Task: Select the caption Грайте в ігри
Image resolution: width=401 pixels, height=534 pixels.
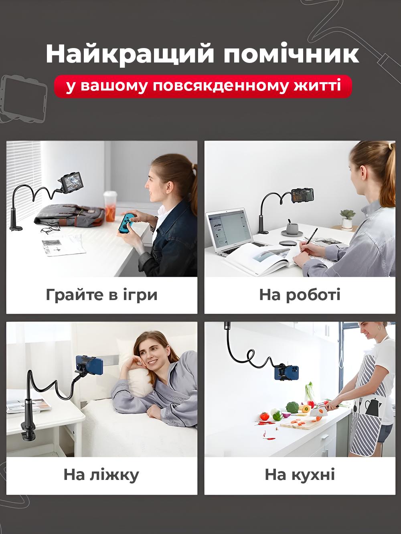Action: [101, 295]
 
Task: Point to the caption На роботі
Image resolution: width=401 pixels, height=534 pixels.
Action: [300, 295]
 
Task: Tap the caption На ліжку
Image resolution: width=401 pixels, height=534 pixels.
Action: [101, 475]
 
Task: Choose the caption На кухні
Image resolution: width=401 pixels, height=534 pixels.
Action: [300, 475]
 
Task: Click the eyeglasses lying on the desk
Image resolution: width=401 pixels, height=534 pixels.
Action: [51, 230]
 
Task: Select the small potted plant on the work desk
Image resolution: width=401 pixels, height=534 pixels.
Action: [347, 218]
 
